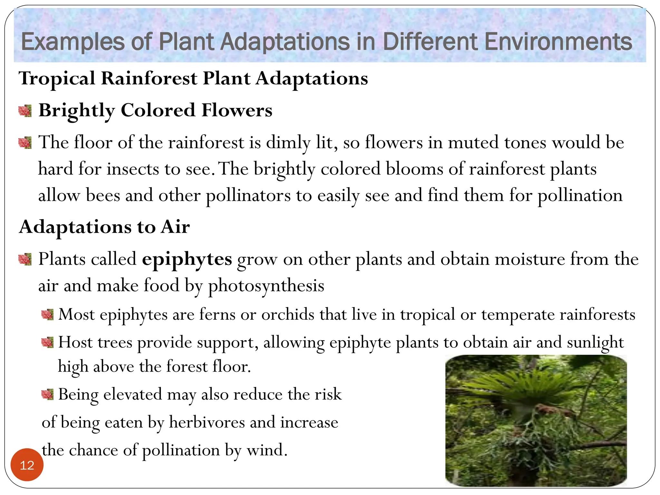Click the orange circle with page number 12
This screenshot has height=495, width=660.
tap(27, 465)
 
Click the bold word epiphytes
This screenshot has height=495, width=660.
tap(187, 259)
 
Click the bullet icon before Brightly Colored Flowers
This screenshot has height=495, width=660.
tap(25, 111)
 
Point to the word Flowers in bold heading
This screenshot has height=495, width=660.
tap(237, 110)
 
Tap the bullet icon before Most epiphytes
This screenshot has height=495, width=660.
tap(47, 315)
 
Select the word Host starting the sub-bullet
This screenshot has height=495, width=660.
tap(75, 342)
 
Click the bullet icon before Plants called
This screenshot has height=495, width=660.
tap(25, 259)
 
